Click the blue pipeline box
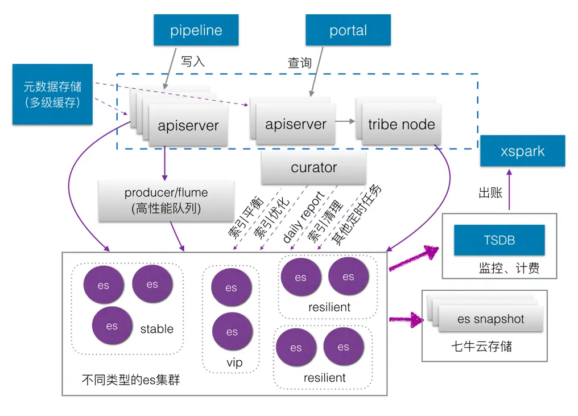196,30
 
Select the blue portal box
348,30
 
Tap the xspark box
522,151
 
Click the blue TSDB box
499,240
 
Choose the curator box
313,168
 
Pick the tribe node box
401,125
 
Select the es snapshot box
490,319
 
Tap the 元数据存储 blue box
52,94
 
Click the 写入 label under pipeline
193,61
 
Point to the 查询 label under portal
300,63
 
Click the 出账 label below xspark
490,193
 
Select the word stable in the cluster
156,329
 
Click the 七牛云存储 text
481,346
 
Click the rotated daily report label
303,217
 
